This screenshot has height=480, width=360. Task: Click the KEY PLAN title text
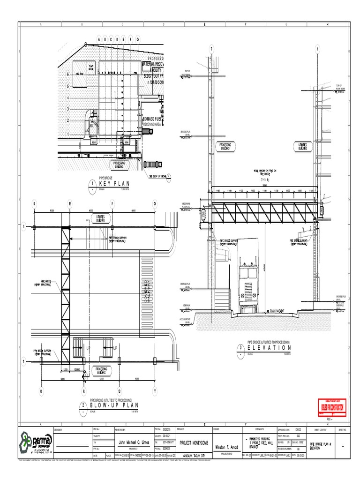(114, 183)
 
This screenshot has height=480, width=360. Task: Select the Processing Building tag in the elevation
(225, 146)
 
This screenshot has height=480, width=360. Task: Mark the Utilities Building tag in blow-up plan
(100, 218)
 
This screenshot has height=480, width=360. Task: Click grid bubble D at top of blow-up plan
(34, 203)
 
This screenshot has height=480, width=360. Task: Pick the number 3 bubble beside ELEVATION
(240, 348)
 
